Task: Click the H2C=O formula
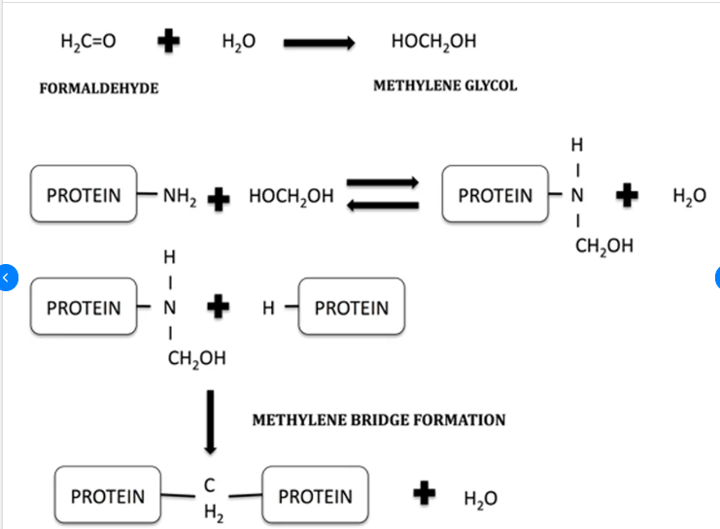(x=87, y=42)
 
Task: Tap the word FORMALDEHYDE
(x=98, y=88)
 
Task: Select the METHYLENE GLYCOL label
(x=445, y=85)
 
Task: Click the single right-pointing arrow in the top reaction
(x=320, y=43)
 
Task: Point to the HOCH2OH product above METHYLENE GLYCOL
(x=432, y=42)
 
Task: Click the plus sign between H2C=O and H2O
(x=170, y=41)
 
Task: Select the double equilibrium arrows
(x=383, y=193)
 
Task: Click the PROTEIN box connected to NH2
(x=84, y=195)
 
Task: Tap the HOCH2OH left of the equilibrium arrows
(x=291, y=195)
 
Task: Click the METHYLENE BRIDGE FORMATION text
(x=378, y=420)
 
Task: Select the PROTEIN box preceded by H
(x=351, y=309)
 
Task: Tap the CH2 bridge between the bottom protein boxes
(x=209, y=497)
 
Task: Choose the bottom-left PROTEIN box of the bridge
(x=107, y=497)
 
